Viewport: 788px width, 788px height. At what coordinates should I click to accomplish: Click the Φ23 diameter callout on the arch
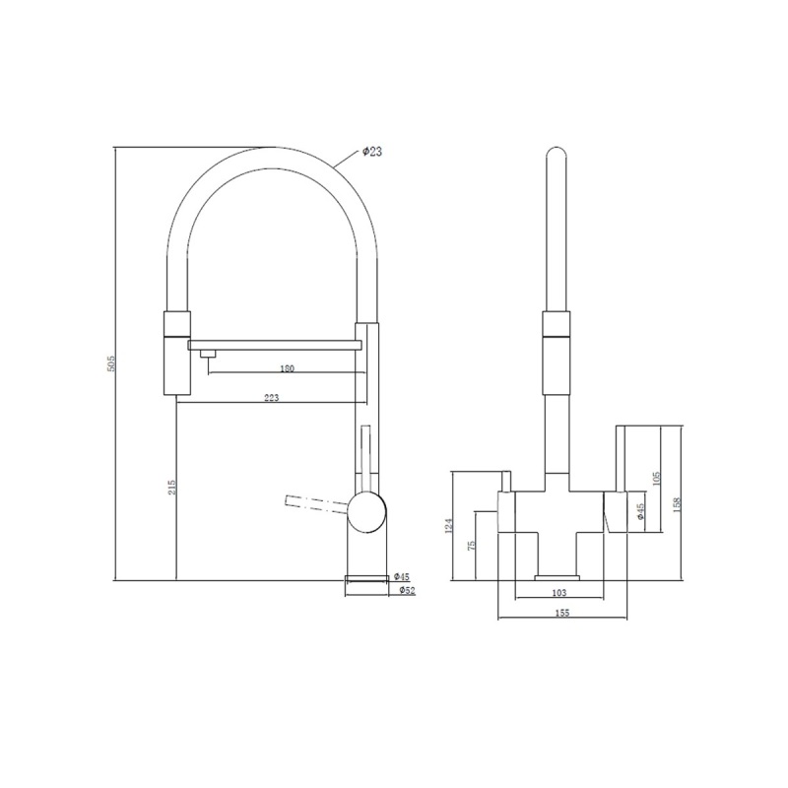(372, 151)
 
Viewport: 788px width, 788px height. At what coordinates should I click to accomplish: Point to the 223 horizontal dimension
(272, 397)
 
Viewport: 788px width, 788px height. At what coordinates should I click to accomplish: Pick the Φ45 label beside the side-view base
(401, 576)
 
